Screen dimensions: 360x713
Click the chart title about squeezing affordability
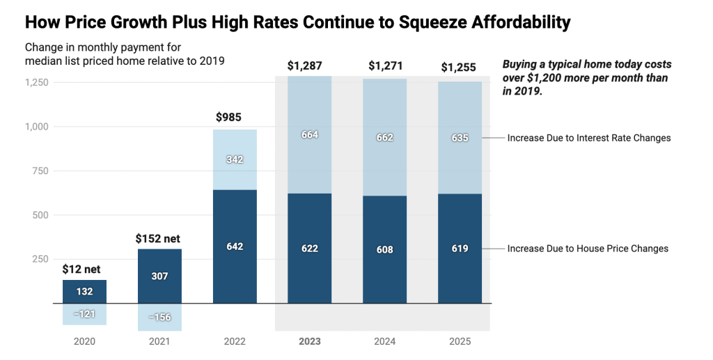pyautogui.click(x=297, y=22)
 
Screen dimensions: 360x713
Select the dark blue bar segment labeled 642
pyautogui.click(x=234, y=246)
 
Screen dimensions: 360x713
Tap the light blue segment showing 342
pyautogui.click(x=234, y=159)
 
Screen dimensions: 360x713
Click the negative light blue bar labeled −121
pyautogui.click(x=84, y=314)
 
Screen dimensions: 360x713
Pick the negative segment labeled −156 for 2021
pyautogui.click(x=159, y=317)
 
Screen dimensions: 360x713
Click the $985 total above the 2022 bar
pyautogui.click(x=228, y=117)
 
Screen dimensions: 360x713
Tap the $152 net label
pyautogui.click(x=157, y=238)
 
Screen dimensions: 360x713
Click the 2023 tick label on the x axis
pyautogui.click(x=309, y=342)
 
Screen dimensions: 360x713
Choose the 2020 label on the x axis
pyautogui.click(x=84, y=342)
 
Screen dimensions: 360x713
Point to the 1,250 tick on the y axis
pyautogui.click(x=36, y=82)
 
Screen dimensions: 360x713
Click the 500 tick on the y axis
pyautogui.click(x=40, y=215)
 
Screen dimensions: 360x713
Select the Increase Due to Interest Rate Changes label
pyautogui.click(x=588, y=138)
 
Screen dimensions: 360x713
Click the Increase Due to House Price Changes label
pyautogui.click(x=588, y=249)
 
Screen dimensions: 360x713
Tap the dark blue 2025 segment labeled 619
pyautogui.click(x=460, y=249)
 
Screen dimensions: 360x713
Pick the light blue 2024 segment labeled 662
pyautogui.click(x=384, y=137)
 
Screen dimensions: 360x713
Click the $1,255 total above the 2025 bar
pyautogui.click(x=460, y=68)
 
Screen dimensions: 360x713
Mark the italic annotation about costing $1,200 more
pyautogui.click(x=587, y=77)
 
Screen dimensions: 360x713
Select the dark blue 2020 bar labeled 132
pyautogui.click(x=84, y=291)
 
